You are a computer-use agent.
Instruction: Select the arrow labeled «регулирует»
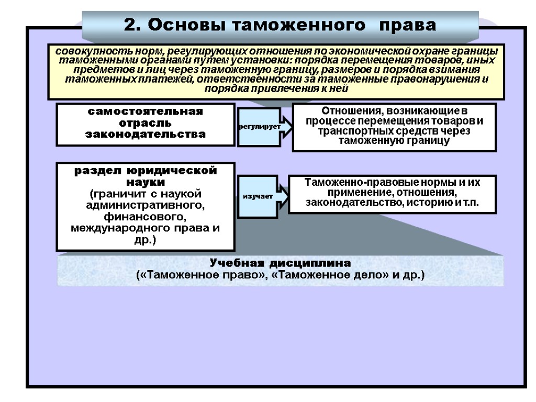[x=260, y=127]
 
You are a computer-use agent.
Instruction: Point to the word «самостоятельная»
[x=145, y=112]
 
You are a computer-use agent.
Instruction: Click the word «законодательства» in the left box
[x=145, y=134]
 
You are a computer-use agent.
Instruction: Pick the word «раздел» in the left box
[x=92, y=171]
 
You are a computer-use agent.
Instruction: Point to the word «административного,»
[x=145, y=205]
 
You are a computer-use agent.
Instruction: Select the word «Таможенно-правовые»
[x=352, y=183]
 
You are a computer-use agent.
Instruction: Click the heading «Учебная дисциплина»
[x=280, y=263]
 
